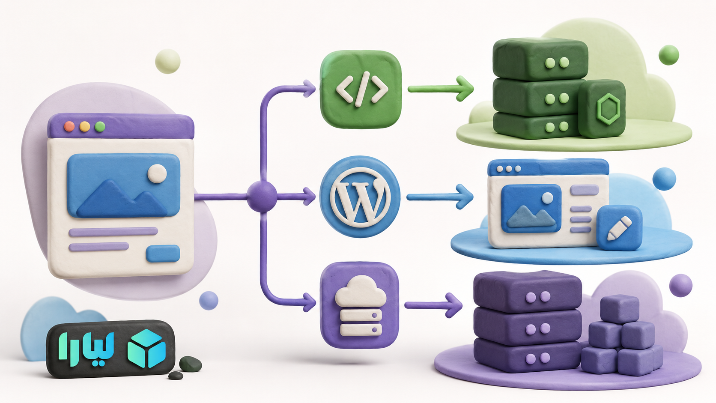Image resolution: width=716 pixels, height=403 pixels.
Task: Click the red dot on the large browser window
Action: click(x=69, y=127)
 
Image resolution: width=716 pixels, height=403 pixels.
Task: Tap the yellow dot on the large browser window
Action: click(x=85, y=127)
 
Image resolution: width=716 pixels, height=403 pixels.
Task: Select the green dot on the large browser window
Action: click(x=100, y=127)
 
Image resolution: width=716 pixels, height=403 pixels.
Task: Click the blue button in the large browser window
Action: click(x=163, y=254)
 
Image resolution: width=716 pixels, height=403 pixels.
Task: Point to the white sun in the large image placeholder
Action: click(x=157, y=173)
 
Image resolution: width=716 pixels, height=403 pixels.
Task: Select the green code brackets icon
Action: click(x=361, y=89)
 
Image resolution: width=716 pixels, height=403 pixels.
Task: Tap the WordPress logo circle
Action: click(x=360, y=197)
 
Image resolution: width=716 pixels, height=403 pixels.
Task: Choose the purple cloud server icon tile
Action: click(x=360, y=305)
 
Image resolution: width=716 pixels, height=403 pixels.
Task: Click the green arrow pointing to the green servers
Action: click(x=441, y=89)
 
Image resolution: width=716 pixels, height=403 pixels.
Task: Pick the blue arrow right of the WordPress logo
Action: click(x=440, y=197)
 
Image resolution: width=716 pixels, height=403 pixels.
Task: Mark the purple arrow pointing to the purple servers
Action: click(x=433, y=305)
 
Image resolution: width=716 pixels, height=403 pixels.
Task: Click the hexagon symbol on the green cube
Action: click(x=608, y=109)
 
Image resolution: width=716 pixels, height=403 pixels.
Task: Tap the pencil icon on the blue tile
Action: click(x=619, y=228)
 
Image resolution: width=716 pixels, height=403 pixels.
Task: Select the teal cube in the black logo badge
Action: click(x=147, y=348)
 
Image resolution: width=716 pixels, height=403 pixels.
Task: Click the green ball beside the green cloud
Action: click(x=669, y=55)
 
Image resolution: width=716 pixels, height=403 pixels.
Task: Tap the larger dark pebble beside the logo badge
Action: click(x=191, y=364)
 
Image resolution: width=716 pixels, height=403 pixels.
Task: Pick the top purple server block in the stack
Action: click(x=528, y=291)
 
